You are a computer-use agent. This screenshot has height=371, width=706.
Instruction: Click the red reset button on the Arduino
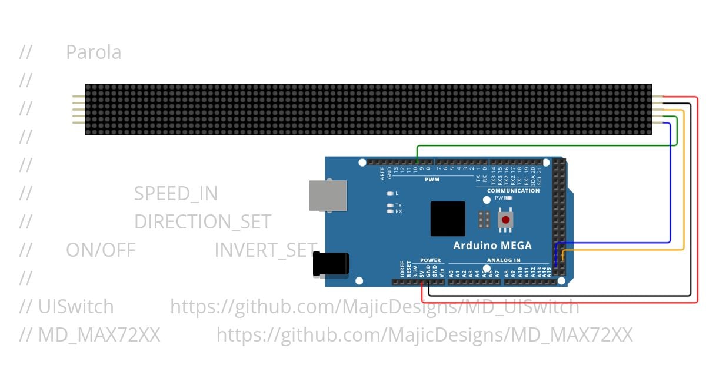click(x=505, y=220)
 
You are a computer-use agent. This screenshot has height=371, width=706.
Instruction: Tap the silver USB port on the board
click(x=328, y=195)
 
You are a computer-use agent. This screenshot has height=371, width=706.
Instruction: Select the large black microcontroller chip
click(x=448, y=218)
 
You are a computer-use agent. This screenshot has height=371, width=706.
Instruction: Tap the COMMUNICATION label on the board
click(x=513, y=191)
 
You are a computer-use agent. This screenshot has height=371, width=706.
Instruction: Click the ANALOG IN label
click(x=504, y=260)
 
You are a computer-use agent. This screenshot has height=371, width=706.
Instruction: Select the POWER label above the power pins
click(x=430, y=260)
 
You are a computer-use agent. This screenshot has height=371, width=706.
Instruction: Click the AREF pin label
click(x=382, y=173)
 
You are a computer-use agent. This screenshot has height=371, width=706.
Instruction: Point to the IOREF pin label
click(x=402, y=270)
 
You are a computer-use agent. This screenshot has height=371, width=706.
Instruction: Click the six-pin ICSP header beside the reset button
click(x=484, y=220)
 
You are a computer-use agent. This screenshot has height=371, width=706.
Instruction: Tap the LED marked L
click(x=389, y=193)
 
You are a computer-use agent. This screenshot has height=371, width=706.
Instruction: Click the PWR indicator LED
click(x=509, y=198)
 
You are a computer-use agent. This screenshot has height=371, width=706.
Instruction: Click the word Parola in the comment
click(x=94, y=52)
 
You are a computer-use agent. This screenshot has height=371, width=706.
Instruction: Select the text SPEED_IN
click(x=176, y=194)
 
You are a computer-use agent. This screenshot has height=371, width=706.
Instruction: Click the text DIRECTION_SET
click(x=202, y=222)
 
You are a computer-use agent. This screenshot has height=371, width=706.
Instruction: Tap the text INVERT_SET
click(x=265, y=250)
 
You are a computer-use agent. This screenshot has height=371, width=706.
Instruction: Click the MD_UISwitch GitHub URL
click(x=374, y=307)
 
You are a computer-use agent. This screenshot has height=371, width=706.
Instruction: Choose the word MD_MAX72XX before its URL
click(x=99, y=335)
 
